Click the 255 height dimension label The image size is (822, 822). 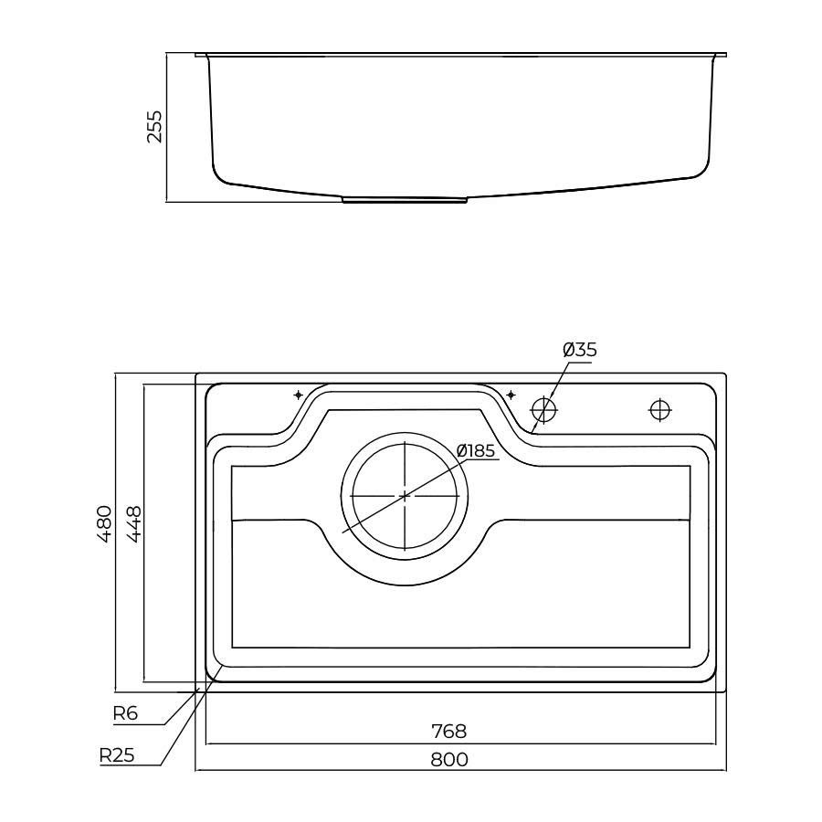pos(154,126)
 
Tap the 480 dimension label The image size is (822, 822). pos(104,523)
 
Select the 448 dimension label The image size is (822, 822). pos(133,523)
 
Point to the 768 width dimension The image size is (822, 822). pos(448,731)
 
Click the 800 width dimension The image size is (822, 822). pos(449,759)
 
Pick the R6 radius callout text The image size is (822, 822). pos(125,713)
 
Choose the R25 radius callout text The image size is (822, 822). pos(117,755)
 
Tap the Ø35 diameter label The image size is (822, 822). pos(580,350)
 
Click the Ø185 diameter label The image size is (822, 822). pos(476,450)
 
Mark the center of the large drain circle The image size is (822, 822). pos(406,495)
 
